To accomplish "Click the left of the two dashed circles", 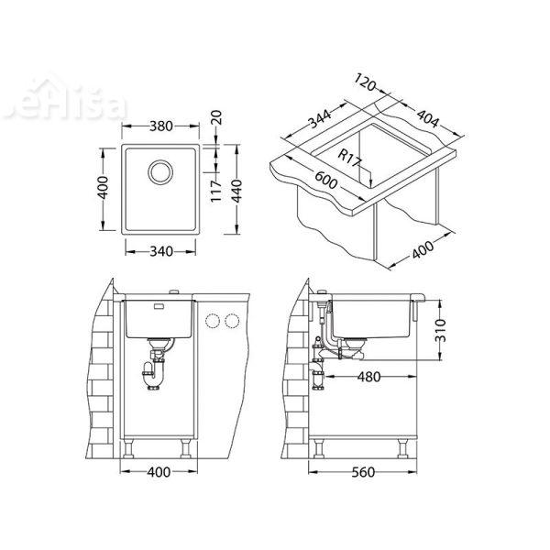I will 214,321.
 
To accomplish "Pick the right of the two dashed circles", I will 232,321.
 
